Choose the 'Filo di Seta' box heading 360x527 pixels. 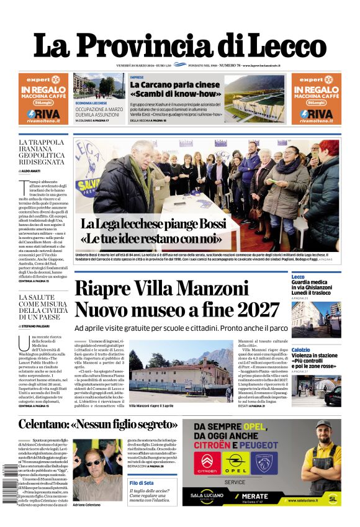coord(142,482)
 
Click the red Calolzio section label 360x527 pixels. coord(301,349)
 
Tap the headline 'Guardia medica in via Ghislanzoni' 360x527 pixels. coord(316,286)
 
